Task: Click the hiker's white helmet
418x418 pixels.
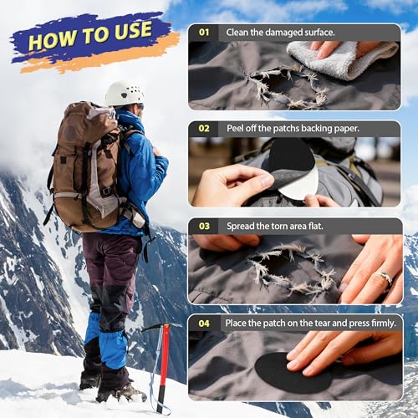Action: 124,93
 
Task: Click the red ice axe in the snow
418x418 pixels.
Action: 164,359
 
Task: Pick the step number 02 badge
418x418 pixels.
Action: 204,130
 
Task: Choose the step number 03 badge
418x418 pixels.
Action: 204,227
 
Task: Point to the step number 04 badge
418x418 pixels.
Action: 204,323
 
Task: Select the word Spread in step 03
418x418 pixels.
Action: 243,227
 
